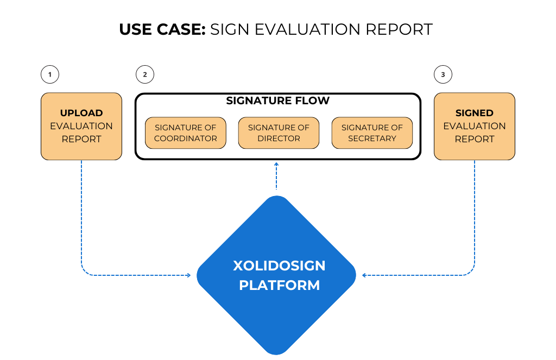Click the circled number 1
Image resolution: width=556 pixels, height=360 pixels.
[x=50, y=74]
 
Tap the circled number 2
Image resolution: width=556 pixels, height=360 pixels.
[x=144, y=74]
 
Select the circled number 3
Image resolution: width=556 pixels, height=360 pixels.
[x=443, y=74]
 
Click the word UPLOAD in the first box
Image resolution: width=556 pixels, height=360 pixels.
[x=81, y=113]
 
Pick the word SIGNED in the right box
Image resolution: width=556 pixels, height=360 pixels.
[x=475, y=113]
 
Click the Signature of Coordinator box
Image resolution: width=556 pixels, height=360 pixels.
[x=185, y=133]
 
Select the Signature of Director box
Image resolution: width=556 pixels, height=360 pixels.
[x=279, y=133]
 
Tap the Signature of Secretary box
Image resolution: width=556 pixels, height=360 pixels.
[x=372, y=133]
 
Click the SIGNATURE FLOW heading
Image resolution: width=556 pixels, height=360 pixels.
[x=278, y=101]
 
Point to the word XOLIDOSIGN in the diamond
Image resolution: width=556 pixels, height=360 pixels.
[x=279, y=266]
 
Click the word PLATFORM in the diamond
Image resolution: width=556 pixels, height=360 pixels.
[x=279, y=285]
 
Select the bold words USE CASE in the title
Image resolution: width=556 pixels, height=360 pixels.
[x=162, y=29]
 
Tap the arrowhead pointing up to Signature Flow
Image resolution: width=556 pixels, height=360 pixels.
[x=276, y=164]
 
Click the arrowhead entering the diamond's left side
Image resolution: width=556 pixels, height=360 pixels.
[x=188, y=275]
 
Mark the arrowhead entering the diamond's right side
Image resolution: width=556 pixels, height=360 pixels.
[x=364, y=275]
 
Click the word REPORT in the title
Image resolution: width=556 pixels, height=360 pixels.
[x=399, y=29]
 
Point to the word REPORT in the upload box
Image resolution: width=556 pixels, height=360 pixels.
[x=81, y=139]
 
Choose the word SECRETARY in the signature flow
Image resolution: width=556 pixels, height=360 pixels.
[x=372, y=138]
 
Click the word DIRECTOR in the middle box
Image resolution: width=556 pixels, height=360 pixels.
[x=279, y=138]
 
